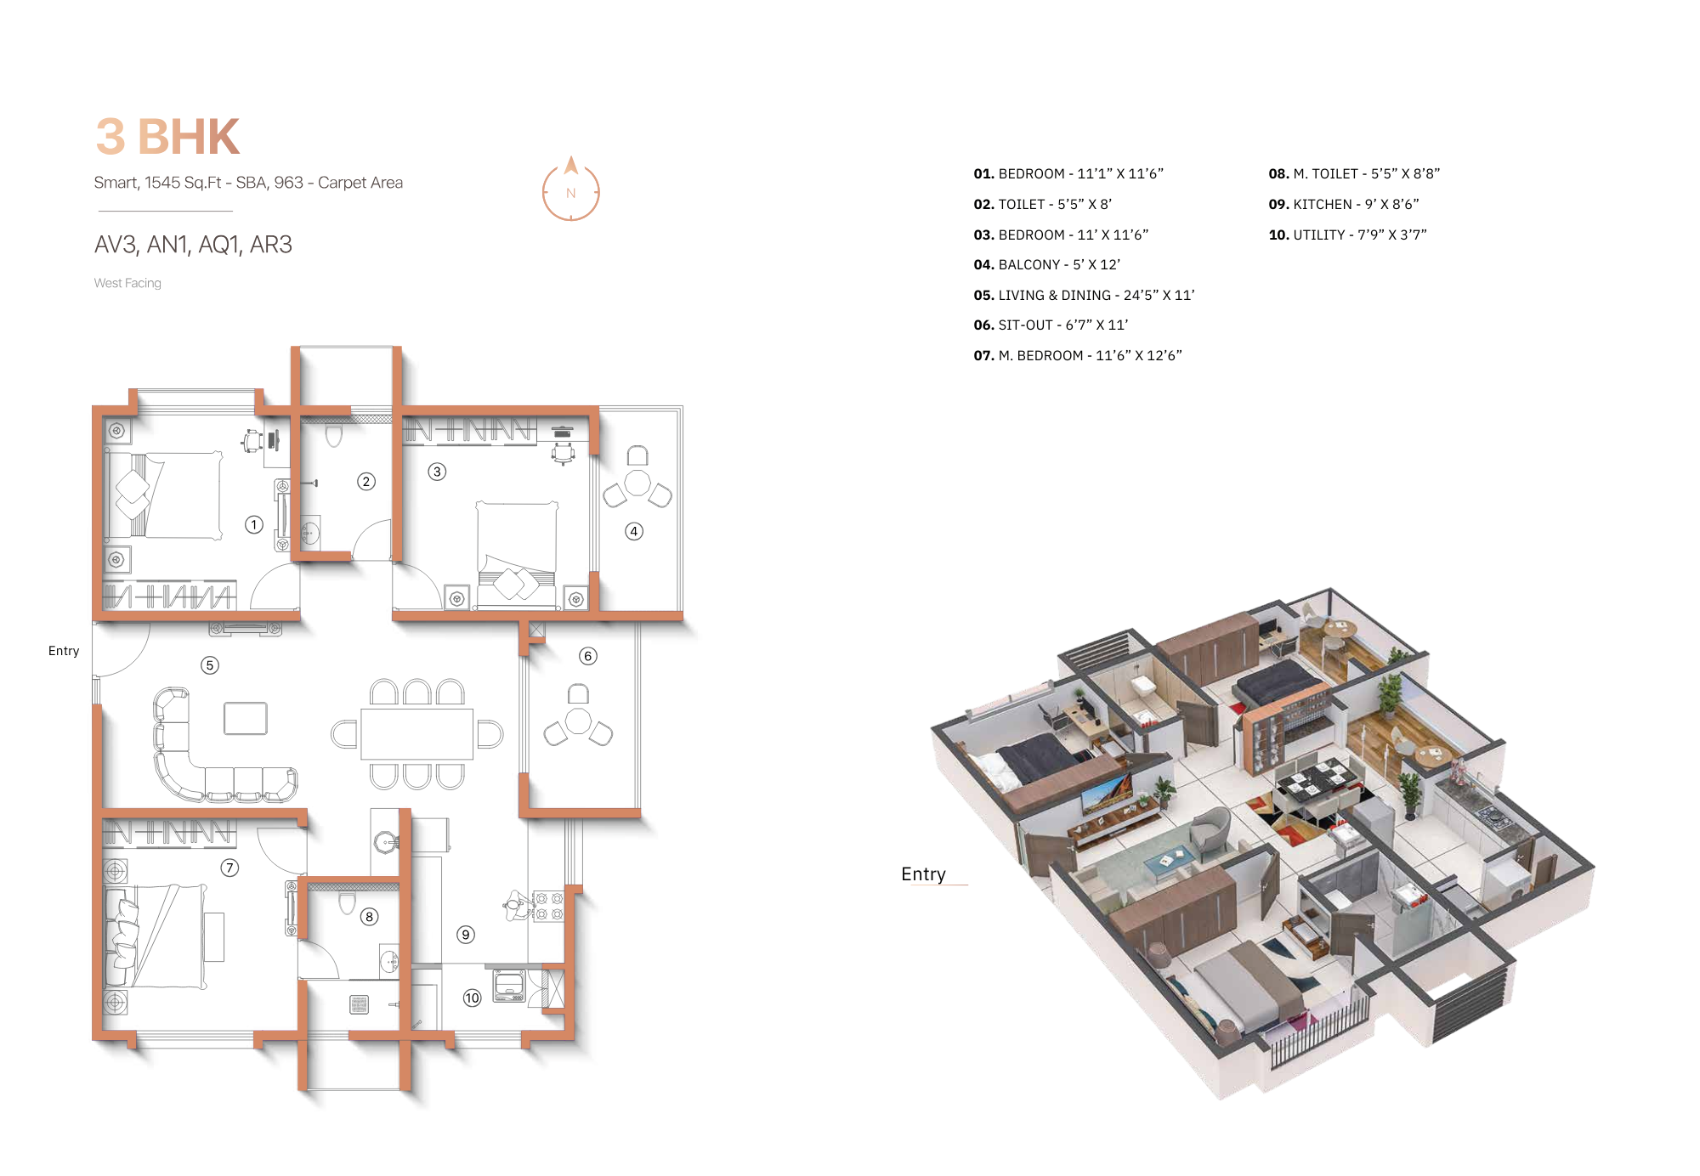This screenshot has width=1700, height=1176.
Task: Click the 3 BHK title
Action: click(167, 137)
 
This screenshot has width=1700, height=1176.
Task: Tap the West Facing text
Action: click(127, 283)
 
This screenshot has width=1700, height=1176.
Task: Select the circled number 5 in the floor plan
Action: click(210, 665)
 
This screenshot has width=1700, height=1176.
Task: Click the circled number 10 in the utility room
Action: click(472, 998)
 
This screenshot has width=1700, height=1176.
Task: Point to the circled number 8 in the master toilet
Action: click(369, 917)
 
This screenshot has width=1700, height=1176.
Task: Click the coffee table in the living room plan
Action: click(246, 718)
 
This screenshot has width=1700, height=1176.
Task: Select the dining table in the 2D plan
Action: click(416, 734)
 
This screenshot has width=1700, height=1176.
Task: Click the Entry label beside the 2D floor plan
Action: click(64, 651)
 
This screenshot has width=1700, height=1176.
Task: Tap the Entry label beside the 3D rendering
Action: click(923, 874)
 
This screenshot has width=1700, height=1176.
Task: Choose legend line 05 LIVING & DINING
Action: click(1084, 295)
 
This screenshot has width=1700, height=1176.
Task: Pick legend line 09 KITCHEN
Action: click(1343, 204)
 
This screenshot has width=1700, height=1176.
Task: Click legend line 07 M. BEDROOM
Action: click(1078, 355)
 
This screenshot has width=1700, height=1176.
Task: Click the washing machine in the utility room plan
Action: click(509, 987)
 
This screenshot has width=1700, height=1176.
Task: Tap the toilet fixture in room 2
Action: click(334, 435)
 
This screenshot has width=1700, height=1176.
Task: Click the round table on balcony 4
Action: click(637, 483)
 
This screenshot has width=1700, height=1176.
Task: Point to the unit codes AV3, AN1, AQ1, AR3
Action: click(193, 245)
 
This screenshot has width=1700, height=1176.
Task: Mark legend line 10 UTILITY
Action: click(1347, 235)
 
